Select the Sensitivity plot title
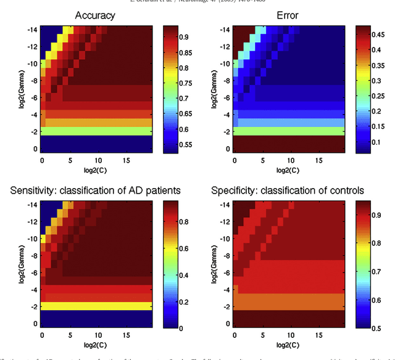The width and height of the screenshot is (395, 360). click(96, 190)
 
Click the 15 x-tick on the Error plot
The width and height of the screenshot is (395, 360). click(318, 160)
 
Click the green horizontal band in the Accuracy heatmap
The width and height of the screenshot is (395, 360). click(96, 131)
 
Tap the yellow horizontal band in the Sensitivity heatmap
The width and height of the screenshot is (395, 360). click(96, 305)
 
